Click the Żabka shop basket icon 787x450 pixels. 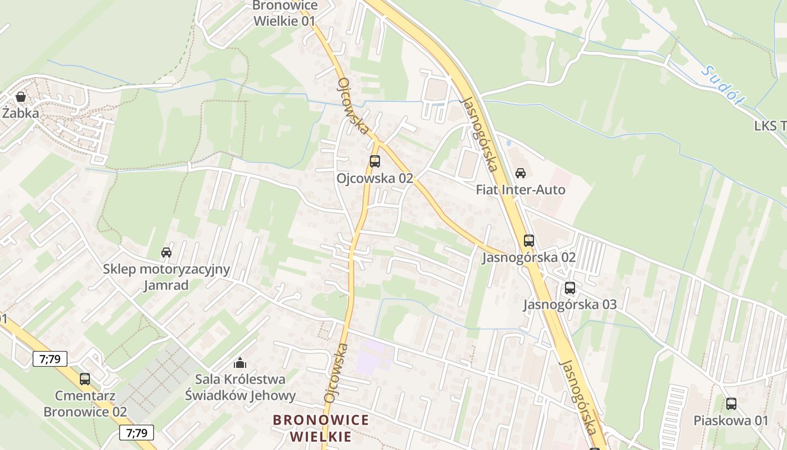click(21, 97)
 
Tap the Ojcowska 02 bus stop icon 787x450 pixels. click(374, 161)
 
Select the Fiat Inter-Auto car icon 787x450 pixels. click(521, 173)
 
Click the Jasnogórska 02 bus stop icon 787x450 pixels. click(529, 241)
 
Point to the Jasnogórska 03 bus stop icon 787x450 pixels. click(570, 288)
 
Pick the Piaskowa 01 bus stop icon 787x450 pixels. click(731, 403)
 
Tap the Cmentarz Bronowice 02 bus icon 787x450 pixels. click(85, 379)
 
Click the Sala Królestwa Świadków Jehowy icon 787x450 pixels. click(240, 363)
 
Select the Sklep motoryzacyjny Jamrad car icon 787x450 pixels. click(166, 252)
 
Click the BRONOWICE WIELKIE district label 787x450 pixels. click(321, 428)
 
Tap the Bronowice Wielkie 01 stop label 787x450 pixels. click(284, 13)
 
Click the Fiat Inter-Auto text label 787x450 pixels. click(521, 190)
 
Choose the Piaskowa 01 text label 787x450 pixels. click(731, 420)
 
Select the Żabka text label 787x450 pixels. click(21, 113)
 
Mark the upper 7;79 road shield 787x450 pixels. click(50, 358)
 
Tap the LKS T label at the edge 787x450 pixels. click(770, 126)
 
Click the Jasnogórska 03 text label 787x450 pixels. click(570, 305)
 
